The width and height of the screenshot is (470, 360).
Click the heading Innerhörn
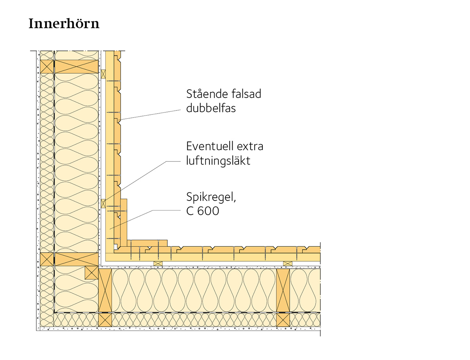pyautogui.click(x=64, y=24)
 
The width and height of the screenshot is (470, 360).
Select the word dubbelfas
pyautogui.click(x=211, y=108)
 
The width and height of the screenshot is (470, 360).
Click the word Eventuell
pyautogui.click(x=210, y=147)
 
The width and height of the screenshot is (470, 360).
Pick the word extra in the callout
pyautogui.click(x=250, y=147)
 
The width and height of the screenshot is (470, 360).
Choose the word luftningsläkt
pyautogui.click(x=218, y=160)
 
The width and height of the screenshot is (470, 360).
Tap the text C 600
pyautogui.click(x=202, y=212)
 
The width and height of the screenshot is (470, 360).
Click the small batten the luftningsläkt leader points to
pyautogui.click(x=103, y=203)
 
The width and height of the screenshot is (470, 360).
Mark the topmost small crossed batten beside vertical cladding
pyautogui.click(x=103, y=74)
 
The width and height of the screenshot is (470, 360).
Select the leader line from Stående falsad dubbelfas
pyautogui.click(x=153, y=114)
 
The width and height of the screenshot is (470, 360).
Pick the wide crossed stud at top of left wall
pyautogui.click(x=76, y=67)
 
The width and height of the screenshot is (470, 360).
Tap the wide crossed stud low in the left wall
pyautogui.click(x=76, y=259)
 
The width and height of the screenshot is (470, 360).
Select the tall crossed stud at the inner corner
pyautogui.click(x=105, y=290)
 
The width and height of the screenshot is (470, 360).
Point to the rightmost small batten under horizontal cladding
pyautogui.click(x=287, y=263)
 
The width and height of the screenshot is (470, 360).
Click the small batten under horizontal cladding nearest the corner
pyautogui.click(x=158, y=263)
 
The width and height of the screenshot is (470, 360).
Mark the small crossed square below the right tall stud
pyautogui.click(x=283, y=320)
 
